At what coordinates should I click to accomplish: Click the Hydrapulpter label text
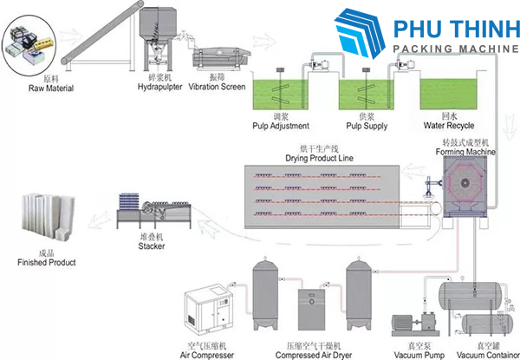tap(159, 87)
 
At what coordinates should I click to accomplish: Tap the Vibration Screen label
tap(217, 87)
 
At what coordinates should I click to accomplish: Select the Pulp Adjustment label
tap(281, 126)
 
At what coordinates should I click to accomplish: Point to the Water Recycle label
tap(449, 126)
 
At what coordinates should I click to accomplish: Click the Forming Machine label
tap(465, 152)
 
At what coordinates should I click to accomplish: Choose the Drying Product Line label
tap(319, 158)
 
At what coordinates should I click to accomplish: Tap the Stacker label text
tap(151, 246)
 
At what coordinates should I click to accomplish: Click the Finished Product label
tap(47, 263)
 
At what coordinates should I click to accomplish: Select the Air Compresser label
tap(206, 356)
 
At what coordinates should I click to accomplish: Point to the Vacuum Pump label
tap(419, 356)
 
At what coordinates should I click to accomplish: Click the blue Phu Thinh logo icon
tap(360, 33)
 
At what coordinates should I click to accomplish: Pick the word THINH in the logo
tap(484, 29)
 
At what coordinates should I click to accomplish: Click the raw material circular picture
tap(29, 45)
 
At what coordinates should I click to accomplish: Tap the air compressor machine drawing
tap(209, 309)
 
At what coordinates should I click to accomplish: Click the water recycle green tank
tap(448, 95)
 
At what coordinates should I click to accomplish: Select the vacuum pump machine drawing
tap(415, 324)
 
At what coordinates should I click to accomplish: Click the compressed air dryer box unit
tap(311, 309)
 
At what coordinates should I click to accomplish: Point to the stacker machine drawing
tap(154, 211)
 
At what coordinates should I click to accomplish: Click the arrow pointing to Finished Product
tap(99, 220)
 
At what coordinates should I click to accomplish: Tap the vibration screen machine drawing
tap(221, 58)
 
